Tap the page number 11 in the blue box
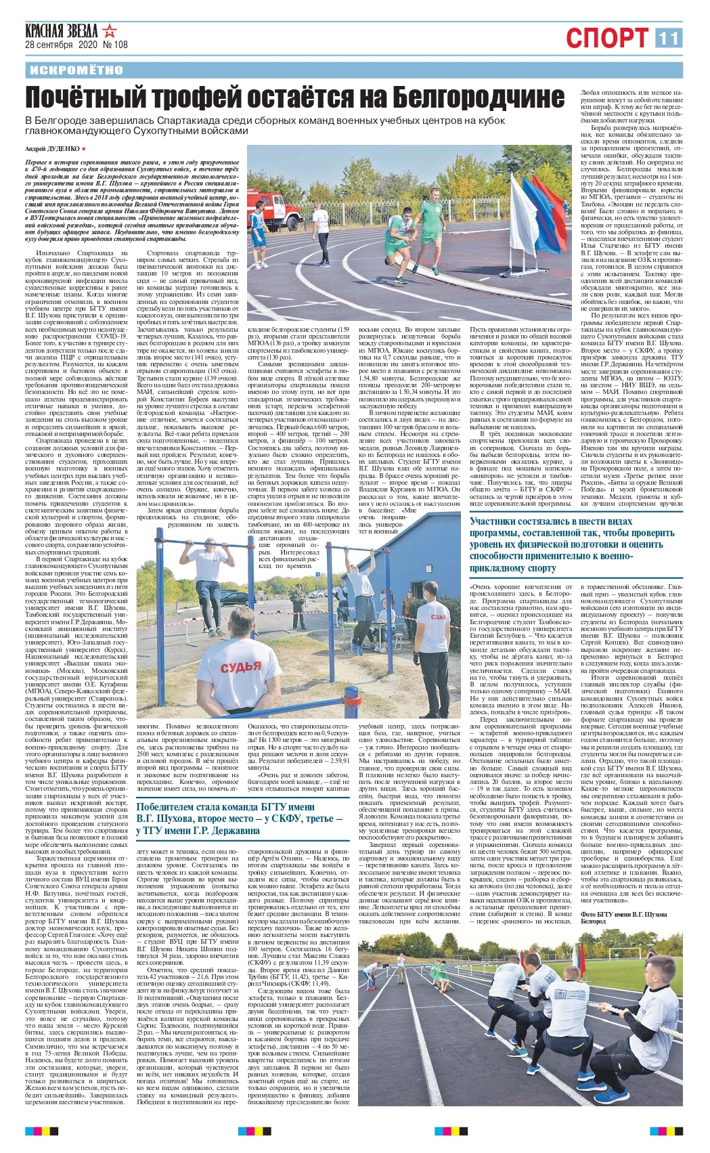668,38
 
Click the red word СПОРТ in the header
606,39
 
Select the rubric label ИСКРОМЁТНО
76,70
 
